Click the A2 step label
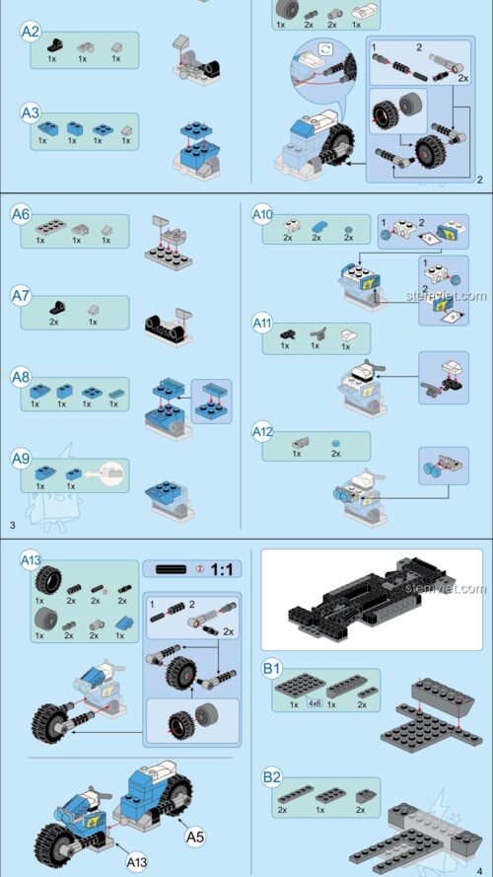tap(31, 33)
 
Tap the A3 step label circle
tap(31, 114)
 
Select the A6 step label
tap(21, 214)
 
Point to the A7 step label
tap(21, 295)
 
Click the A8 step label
tap(21, 377)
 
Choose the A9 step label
tap(21, 458)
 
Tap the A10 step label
tap(261, 214)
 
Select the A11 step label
tap(261, 323)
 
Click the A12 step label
tap(261, 431)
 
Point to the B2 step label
tap(272, 778)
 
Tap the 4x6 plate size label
tap(316, 704)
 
